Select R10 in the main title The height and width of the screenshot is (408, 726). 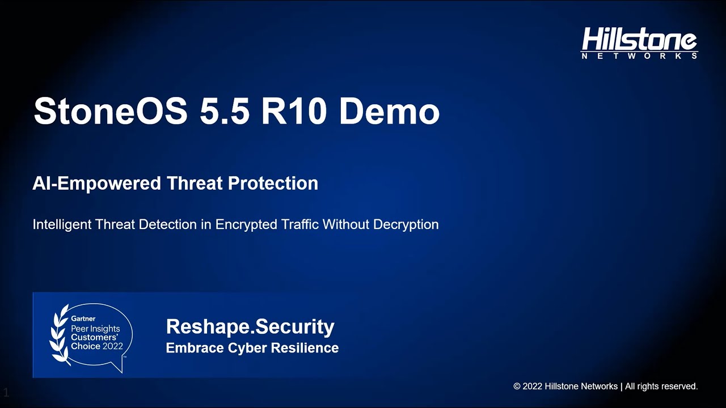pyautogui.click(x=294, y=111)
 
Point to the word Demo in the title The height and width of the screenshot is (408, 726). pyautogui.click(x=389, y=111)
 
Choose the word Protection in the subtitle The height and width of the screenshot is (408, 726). pyautogui.click(x=273, y=184)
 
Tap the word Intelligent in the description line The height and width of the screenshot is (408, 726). pyautogui.click(x=62, y=224)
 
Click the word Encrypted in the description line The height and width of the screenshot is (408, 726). pyautogui.click(x=247, y=224)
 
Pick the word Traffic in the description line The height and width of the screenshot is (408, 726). pyautogui.click(x=301, y=224)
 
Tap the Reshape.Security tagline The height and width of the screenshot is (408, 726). pyautogui.click(x=250, y=327)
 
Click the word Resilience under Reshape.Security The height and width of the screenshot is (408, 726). pyautogui.click(x=307, y=348)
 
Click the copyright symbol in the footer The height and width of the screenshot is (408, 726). pyautogui.click(x=517, y=386)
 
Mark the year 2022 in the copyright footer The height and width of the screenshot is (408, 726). pyautogui.click(x=532, y=386)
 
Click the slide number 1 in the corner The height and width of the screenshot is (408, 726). pyautogui.click(x=6, y=392)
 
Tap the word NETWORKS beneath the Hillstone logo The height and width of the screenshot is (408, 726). pyautogui.click(x=639, y=56)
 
